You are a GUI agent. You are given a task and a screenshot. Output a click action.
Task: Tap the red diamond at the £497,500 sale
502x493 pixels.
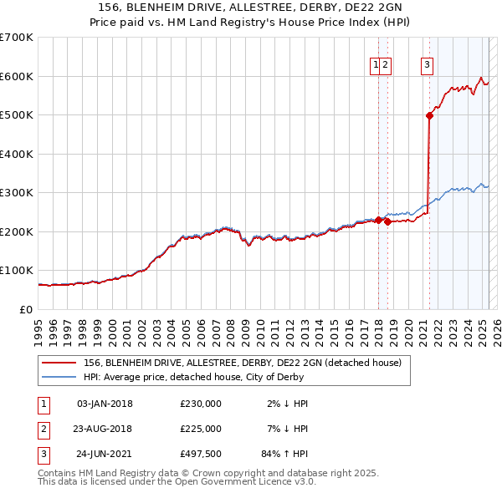point(429,116)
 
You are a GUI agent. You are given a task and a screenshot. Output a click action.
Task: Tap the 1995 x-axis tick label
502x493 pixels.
point(39,329)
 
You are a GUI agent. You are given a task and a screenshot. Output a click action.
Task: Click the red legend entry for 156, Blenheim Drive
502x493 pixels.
point(243,363)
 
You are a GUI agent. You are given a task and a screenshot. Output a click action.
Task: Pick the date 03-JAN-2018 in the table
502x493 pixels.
point(105,404)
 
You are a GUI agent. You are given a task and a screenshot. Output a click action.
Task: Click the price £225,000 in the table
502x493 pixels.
point(201,429)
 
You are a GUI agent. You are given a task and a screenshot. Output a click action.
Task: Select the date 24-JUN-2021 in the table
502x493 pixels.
point(105,455)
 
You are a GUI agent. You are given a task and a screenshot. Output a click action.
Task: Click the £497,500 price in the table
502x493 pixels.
point(201,455)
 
